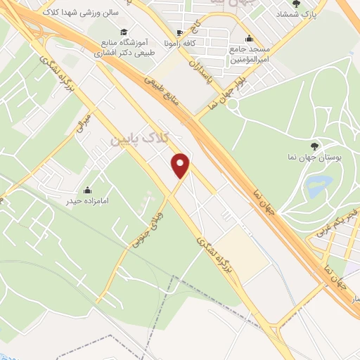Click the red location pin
click(x=181, y=165)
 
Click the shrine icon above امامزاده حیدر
click(x=88, y=190)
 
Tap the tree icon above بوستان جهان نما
click(x=314, y=146)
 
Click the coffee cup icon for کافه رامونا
click(x=180, y=33)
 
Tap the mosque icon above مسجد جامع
click(x=248, y=40)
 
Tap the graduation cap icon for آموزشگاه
click(x=124, y=32)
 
